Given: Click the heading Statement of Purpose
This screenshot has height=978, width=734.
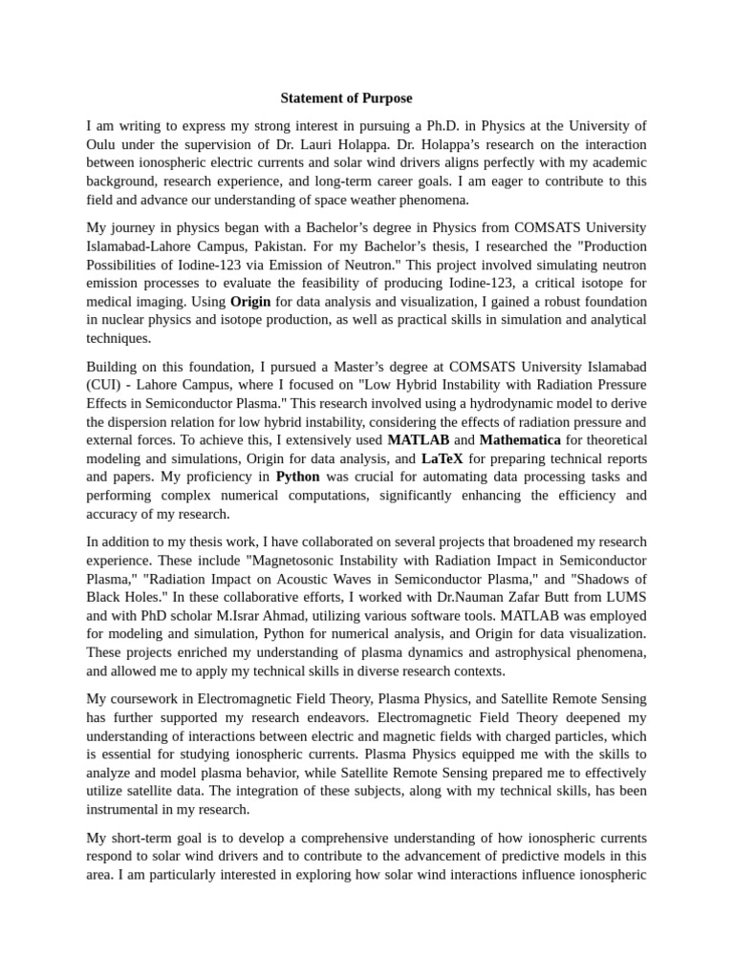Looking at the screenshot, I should pos(346,98).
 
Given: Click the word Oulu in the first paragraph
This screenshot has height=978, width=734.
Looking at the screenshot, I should pos(101,144).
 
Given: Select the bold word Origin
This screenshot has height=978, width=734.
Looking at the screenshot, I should pos(250,301).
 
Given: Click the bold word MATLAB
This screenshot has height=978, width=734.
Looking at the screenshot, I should pos(418,440).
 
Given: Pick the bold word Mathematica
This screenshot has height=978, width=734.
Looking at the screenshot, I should pos(520,440).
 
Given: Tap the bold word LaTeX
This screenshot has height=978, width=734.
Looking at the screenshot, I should pos(442,458).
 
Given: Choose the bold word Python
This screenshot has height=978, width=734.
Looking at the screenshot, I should pos(298,477).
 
